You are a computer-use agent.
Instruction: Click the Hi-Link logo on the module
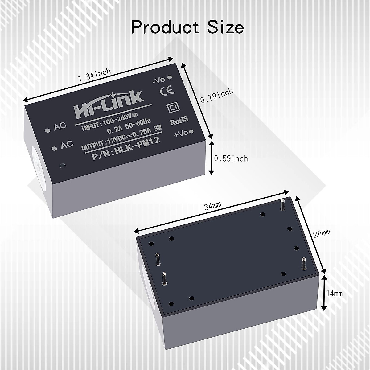pyautogui.click(x=109, y=103)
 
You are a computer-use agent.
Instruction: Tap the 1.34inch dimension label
pyautogui.click(x=94, y=75)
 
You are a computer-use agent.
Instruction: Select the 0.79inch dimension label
pyautogui.click(x=216, y=96)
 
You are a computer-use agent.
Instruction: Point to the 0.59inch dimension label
pyautogui.click(x=231, y=158)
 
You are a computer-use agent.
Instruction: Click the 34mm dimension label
pyautogui.click(x=213, y=206)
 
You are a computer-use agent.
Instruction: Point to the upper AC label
pyautogui.click(x=60, y=126)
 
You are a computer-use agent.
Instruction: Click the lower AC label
pyautogui.click(x=67, y=144)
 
